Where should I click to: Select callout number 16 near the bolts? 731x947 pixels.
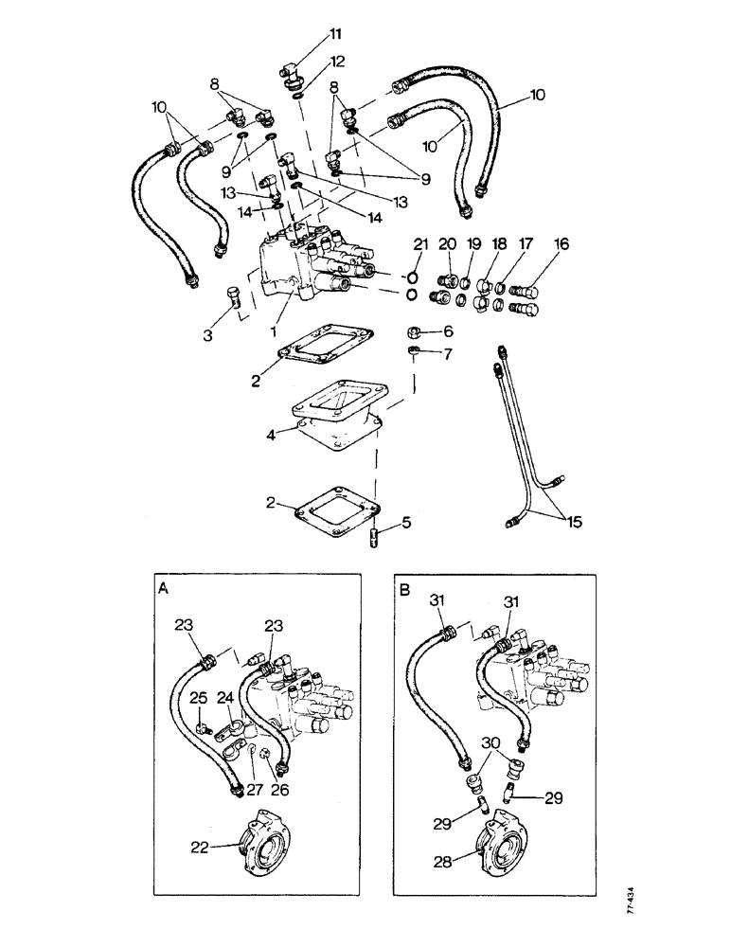tap(562, 244)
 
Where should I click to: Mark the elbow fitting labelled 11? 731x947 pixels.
tap(290, 72)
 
